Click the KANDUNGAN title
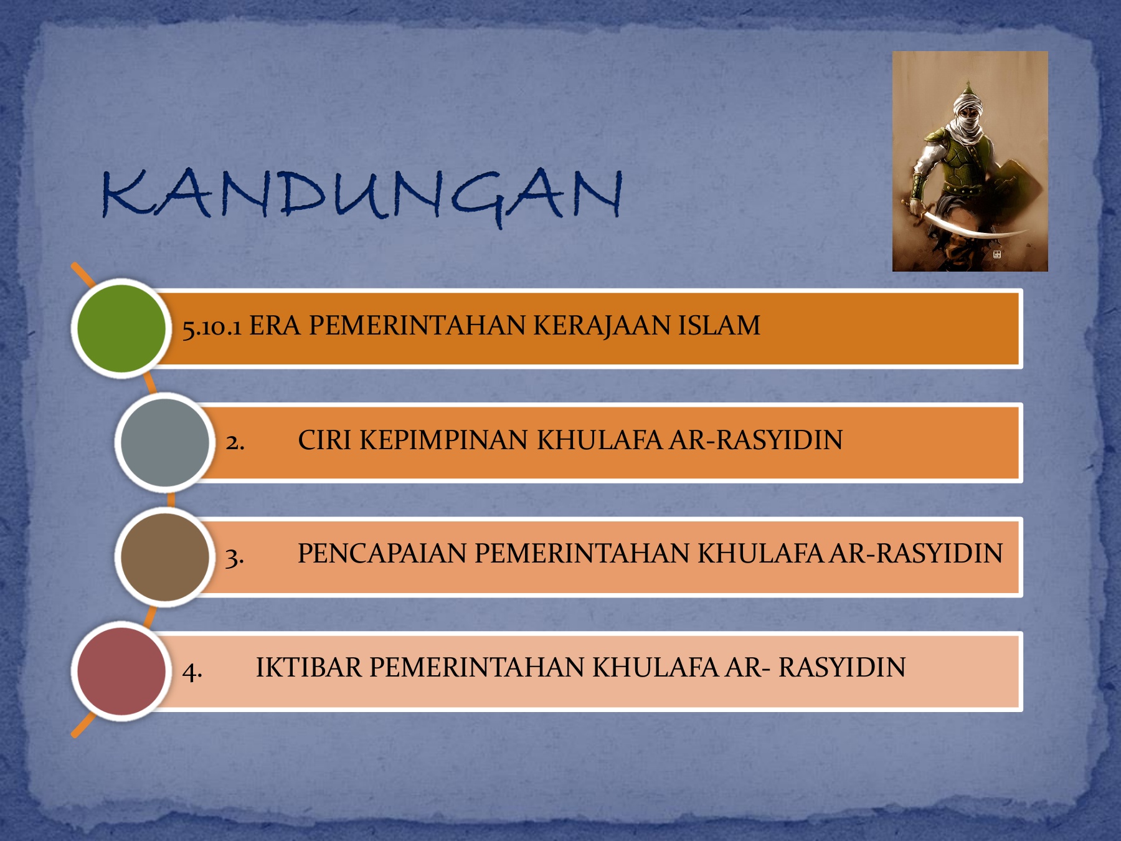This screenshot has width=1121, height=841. [x=362, y=195]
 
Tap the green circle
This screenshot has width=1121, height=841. [x=121, y=328]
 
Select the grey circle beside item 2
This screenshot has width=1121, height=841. [x=165, y=442]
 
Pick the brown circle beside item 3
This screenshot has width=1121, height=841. [x=165, y=557]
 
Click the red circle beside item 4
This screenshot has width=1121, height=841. [x=121, y=672]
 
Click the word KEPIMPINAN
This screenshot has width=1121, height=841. [x=444, y=440]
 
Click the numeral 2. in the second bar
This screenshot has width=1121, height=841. [x=235, y=442]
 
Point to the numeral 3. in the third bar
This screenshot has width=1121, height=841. [x=234, y=556]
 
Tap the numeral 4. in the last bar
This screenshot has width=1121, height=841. [x=192, y=671]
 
